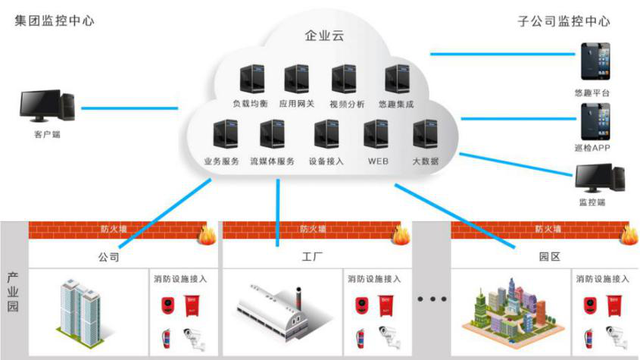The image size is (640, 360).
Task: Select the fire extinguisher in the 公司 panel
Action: coord(166,337)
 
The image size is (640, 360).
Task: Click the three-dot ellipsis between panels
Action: coord(432,300)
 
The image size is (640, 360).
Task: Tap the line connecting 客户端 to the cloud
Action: coord(129,108)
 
